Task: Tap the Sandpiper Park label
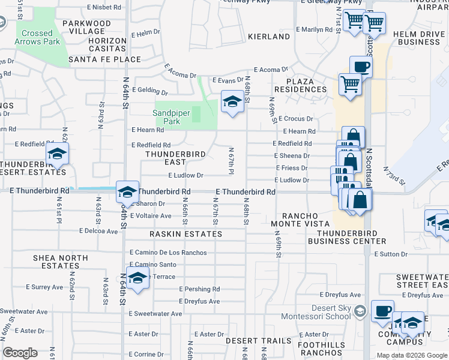[x=166, y=117]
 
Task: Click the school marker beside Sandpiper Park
[x=231, y=102]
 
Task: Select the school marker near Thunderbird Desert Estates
[x=57, y=154]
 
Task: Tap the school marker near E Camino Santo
[x=138, y=278]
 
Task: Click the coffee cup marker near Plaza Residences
[x=361, y=67]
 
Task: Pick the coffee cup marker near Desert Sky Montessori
[x=382, y=311]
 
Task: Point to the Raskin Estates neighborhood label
[x=186, y=234]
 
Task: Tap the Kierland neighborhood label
[x=269, y=37]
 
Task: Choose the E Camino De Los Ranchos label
[x=167, y=253]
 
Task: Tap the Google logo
[x=20, y=353]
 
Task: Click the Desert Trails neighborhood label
[x=258, y=341]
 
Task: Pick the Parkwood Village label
[x=86, y=28]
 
